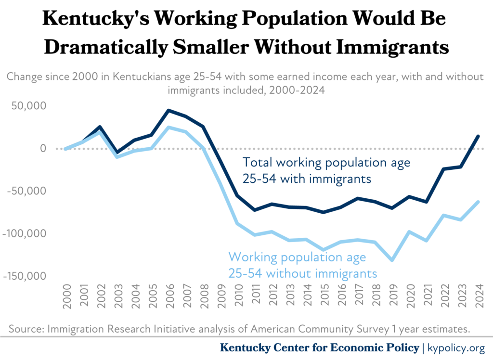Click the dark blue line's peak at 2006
(x=169, y=110)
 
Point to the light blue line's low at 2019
(x=392, y=260)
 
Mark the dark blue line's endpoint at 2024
(x=478, y=136)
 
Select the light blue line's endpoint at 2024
(x=478, y=202)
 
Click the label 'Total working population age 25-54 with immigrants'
(x=326, y=170)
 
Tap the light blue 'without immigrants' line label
(x=302, y=265)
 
